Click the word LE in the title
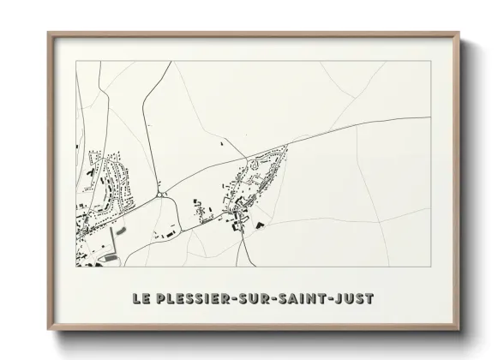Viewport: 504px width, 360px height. click(142, 299)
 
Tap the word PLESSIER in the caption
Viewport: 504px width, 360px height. click(198, 299)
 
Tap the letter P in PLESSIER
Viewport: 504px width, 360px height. click(162, 299)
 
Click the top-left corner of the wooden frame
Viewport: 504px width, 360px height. click(50, 34)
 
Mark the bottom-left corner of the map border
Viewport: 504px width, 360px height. click(76, 266)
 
